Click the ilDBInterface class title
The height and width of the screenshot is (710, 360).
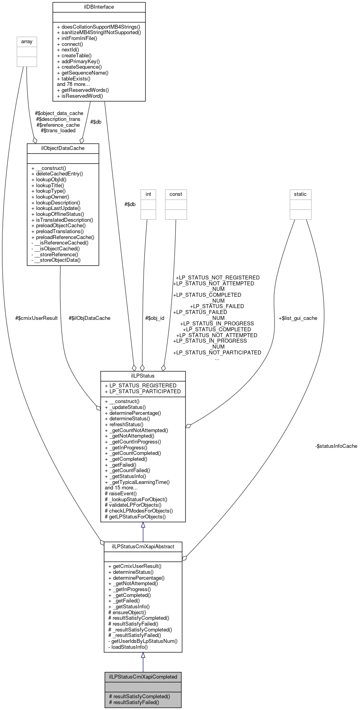(x=99, y=7)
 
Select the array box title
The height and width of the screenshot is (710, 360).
(x=27, y=42)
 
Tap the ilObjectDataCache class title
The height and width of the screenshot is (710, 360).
(x=63, y=148)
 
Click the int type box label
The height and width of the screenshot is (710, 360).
(x=148, y=194)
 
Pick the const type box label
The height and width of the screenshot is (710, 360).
(x=175, y=194)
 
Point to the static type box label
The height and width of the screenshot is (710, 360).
(x=300, y=194)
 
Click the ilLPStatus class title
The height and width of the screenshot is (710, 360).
(x=143, y=376)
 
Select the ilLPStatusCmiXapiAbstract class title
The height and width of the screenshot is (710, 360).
(x=143, y=546)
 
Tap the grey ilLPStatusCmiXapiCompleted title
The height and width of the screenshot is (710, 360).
(x=143, y=677)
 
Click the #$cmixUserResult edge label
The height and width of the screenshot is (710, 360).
(x=37, y=318)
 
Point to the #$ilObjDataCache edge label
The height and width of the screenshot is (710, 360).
(x=90, y=318)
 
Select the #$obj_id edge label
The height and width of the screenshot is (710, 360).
(x=155, y=318)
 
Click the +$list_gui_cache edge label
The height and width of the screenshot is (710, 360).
(x=298, y=318)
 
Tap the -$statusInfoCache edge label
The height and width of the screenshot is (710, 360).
(x=336, y=446)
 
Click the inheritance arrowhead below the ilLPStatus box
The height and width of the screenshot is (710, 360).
(x=143, y=525)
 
